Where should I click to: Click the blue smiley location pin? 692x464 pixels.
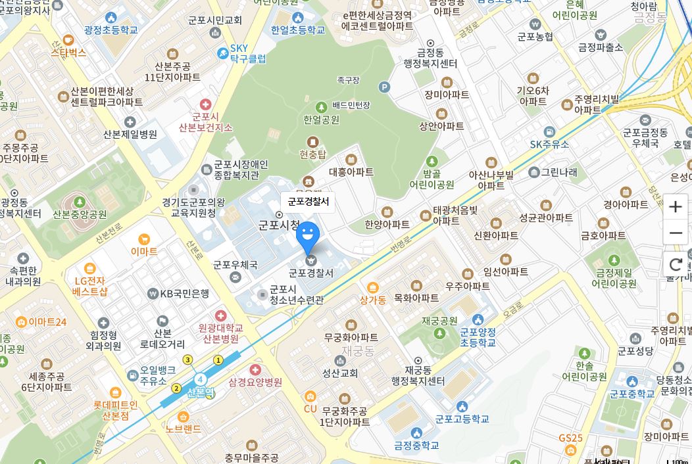(308, 235)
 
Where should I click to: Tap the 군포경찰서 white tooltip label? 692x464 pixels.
(308, 202)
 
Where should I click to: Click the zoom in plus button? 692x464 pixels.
(676, 207)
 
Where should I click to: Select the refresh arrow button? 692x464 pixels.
(676, 265)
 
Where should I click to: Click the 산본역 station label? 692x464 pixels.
(201, 392)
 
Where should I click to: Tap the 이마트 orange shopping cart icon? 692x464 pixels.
(144, 239)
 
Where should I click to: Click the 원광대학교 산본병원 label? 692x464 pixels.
(220, 333)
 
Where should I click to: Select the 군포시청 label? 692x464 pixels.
(278, 224)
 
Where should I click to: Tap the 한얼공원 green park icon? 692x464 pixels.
(321, 107)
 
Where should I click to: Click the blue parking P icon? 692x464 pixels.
(385, 87)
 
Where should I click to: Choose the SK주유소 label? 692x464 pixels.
(550, 144)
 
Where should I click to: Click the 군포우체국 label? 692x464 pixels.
(235, 265)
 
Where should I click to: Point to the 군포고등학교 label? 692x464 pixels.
(462, 419)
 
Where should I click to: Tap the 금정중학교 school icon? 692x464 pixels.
(416, 432)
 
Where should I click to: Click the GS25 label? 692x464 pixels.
(570, 438)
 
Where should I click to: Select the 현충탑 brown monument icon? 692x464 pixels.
(312, 142)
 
